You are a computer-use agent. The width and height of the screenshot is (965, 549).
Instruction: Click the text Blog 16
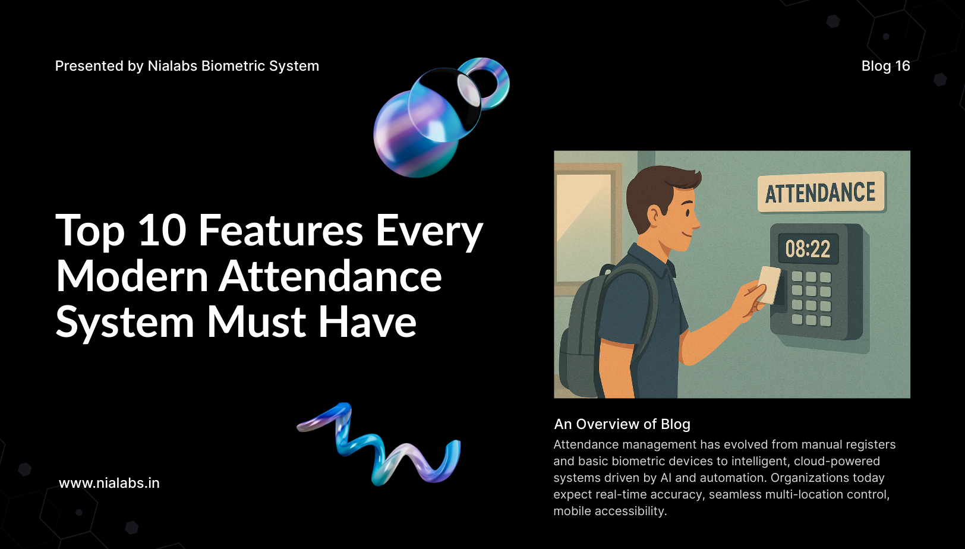[x=885, y=66]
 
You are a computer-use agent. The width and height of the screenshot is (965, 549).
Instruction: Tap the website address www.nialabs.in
[x=109, y=483]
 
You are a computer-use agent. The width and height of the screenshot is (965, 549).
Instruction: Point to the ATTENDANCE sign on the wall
[x=821, y=192]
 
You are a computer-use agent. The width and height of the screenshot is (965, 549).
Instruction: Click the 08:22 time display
[x=808, y=249]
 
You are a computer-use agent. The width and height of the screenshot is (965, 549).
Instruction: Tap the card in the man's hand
[x=768, y=285]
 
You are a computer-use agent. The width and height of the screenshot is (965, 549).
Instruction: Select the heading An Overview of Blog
[x=622, y=424]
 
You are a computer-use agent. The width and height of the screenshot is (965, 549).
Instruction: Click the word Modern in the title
[x=132, y=276]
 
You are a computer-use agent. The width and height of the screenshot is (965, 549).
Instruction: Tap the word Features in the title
[x=280, y=231]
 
